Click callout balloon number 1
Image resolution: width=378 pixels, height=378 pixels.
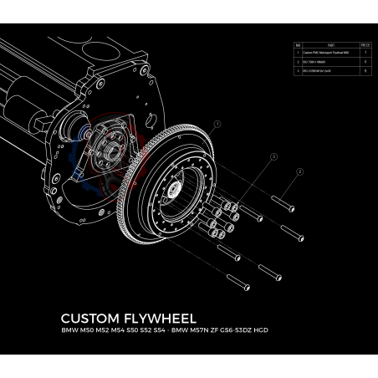coord(217,124)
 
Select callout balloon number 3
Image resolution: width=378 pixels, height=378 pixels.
coord(273,156)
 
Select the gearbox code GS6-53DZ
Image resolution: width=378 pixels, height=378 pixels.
coord(253,332)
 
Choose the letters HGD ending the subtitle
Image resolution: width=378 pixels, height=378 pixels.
coord(284,332)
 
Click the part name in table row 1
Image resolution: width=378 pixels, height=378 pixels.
coord(320,51)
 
